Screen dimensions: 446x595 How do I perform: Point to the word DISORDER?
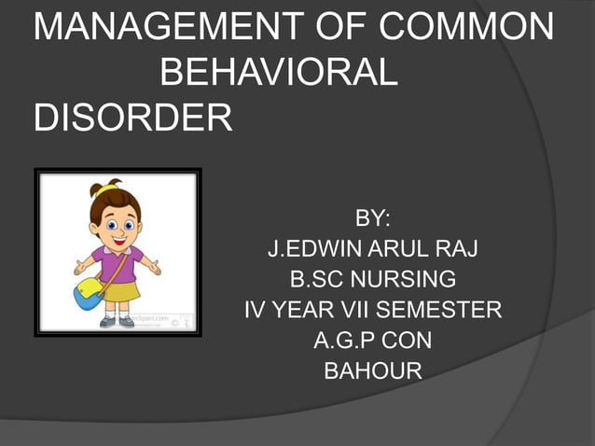click(x=131, y=118)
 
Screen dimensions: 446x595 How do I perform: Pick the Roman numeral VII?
click(x=351, y=310)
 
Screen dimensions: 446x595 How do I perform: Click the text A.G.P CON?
click(x=372, y=340)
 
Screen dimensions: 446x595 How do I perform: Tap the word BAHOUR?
click(x=372, y=370)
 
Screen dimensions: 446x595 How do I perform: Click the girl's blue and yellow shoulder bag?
click(x=89, y=292)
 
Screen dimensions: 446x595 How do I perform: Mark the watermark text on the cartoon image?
click(x=158, y=318)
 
